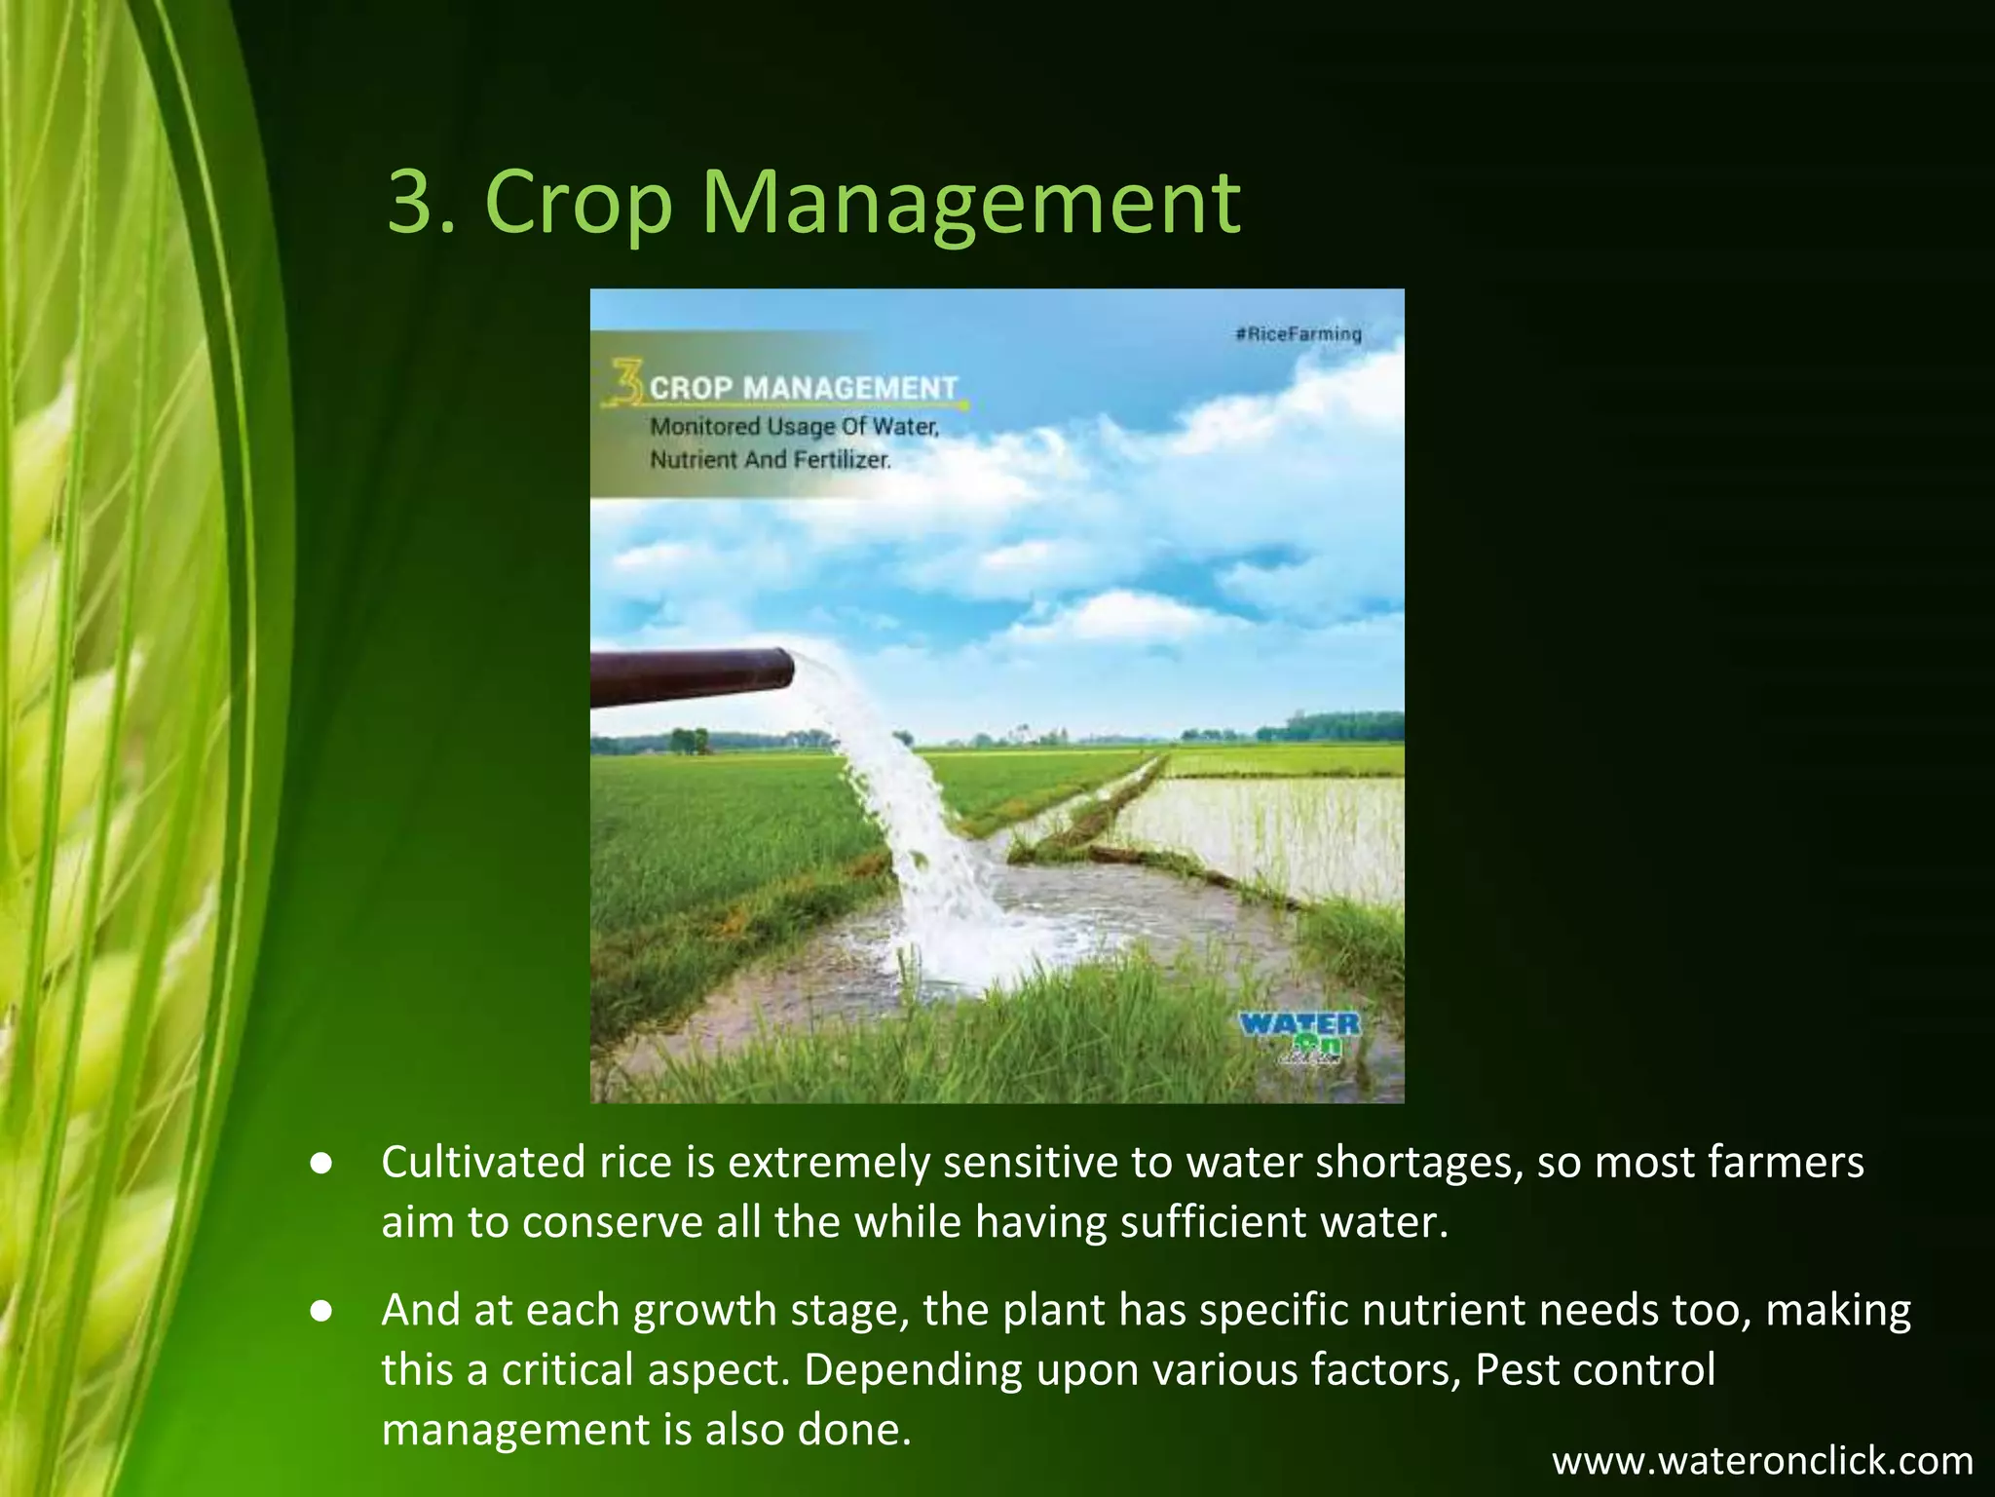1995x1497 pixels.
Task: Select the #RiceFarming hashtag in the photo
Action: click(x=1299, y=334)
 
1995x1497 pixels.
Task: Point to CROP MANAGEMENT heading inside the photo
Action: click(x=804, y=388)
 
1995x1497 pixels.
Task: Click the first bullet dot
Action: click(x=321, y=1164)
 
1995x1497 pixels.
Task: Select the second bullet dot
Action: click(x=321, y=1312)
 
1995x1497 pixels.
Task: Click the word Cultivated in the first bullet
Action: click(x=477, y=1163)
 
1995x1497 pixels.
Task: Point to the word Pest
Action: click(x=1516, y=1370)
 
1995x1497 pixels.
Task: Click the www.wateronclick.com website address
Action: click(x=1762, y=1461)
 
